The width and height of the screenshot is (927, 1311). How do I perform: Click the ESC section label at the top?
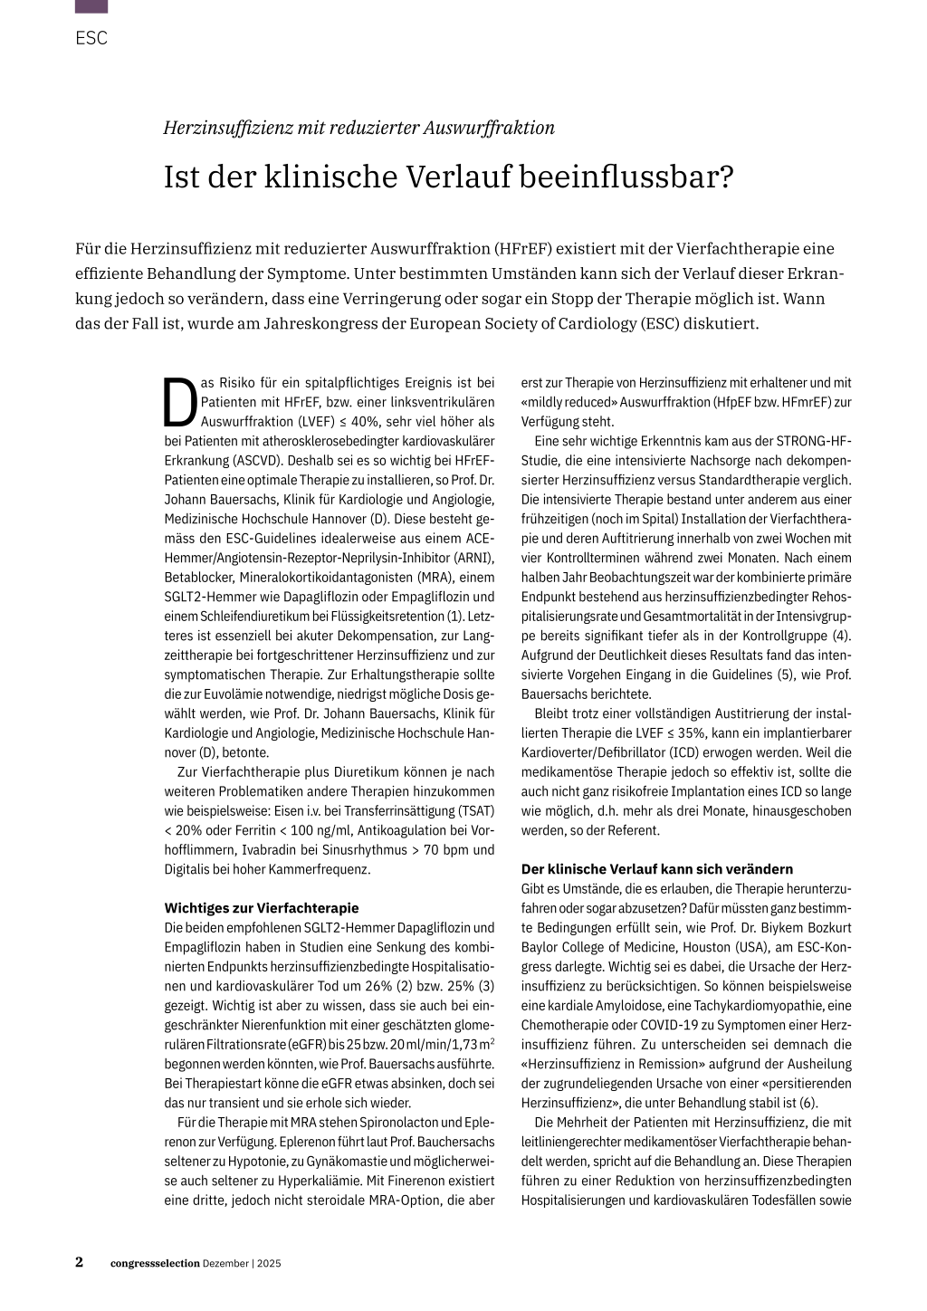(91, 38)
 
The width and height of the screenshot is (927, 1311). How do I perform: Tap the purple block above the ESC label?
(91, 6)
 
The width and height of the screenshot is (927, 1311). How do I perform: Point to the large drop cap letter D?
(180, 402)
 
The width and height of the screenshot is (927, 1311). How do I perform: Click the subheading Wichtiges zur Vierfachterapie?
(262, 908)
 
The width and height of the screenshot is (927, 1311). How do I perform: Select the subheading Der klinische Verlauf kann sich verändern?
(656, 869)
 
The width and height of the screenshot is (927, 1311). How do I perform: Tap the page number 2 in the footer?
(80, 1262)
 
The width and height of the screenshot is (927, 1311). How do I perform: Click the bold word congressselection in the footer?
(155, 1263)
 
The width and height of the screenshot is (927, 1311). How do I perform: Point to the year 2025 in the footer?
(269, 1263)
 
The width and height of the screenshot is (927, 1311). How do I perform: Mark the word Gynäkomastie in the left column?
(347, 1162)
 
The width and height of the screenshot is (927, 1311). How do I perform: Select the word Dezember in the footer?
(225, 1263)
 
